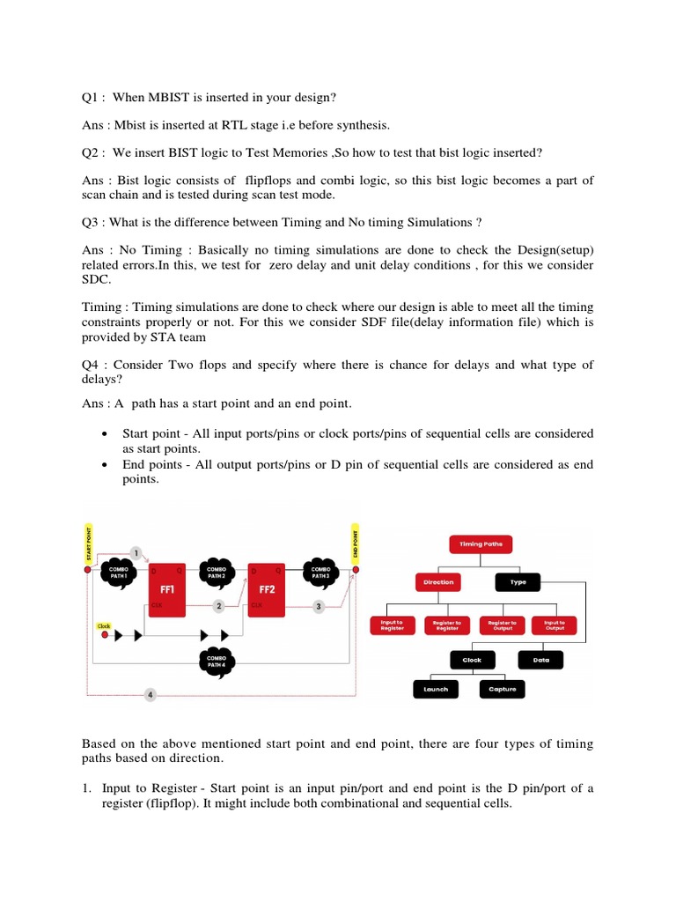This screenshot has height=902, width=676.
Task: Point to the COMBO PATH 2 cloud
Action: coord(217,572)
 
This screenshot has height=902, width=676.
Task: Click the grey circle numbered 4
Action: coord(150,695)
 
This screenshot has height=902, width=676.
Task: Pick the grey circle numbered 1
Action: coord(136,552)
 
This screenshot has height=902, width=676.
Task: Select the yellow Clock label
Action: coord(104,626)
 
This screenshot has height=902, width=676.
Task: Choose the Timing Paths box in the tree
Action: coord(481,544)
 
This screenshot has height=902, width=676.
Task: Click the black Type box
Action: coord(518,582)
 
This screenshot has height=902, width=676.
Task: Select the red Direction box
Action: coord(438,582)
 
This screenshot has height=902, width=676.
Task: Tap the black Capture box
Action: coord(503,689)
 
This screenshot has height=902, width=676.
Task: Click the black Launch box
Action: coord(436,689)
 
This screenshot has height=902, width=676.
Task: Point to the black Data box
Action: coord(540,659)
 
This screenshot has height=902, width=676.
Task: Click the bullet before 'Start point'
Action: coord(106,434)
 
